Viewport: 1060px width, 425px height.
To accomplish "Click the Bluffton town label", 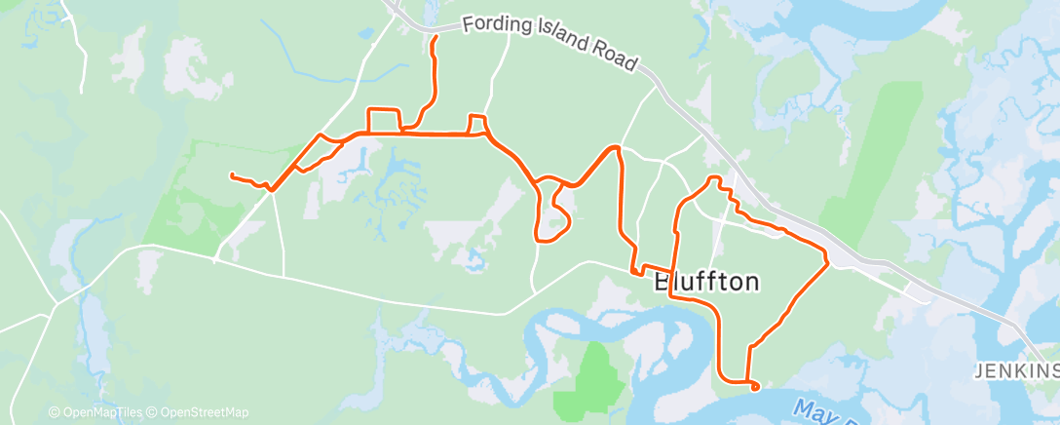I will pyautogui.click(x=706, y=283).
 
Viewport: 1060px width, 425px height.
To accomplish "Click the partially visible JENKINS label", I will pyautogui.click(x=1017, y=371).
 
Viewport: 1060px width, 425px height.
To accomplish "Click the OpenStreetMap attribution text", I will pyautogui.click(x=205, y=412).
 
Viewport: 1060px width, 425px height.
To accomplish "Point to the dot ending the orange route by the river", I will pyautogui.click(x=756, y=387).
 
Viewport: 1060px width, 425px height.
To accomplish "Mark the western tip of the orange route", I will pyautogui.click(x=231, y=174).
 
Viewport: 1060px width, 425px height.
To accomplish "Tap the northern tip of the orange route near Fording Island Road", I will pyautogui.click(x=434, y=36).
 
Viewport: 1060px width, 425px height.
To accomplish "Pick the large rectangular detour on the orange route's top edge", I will pyautogui.click(x=383, y=119).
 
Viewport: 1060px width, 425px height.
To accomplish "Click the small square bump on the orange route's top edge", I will pyautogui.click(x=477, y=123).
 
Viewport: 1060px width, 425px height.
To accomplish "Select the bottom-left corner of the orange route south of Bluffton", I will pyautogui.click(x=722, y=375).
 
